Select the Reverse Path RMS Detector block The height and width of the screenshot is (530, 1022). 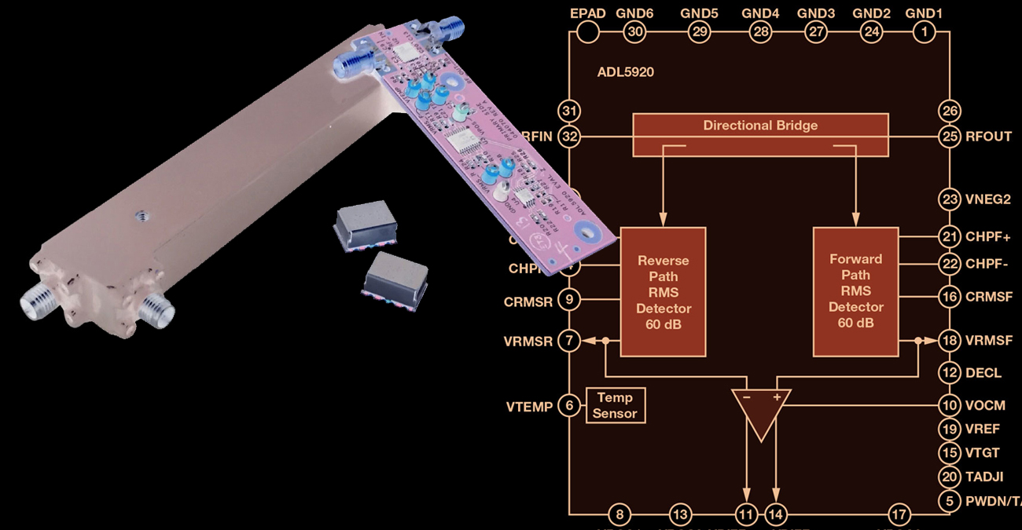point(663,291)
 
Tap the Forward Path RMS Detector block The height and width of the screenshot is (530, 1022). point(855,291)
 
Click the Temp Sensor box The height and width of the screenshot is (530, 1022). point(616,405)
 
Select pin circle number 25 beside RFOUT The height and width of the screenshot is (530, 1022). point(950,137)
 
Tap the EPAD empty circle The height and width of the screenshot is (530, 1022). point(586,31)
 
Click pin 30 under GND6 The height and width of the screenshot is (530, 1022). point(634,31)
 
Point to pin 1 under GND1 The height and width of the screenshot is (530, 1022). point(925,31)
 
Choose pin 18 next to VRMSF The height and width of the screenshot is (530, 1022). point(950,340)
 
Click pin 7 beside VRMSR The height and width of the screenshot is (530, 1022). point(568,340)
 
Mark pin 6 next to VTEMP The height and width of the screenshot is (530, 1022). point(568,406)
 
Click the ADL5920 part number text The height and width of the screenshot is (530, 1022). point(626,72)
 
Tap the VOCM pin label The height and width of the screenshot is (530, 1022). point(986,406)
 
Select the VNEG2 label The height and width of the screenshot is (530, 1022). point(988,199)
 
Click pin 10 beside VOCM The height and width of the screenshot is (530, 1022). point(950,406)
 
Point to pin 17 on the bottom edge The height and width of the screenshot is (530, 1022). point(899,515)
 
